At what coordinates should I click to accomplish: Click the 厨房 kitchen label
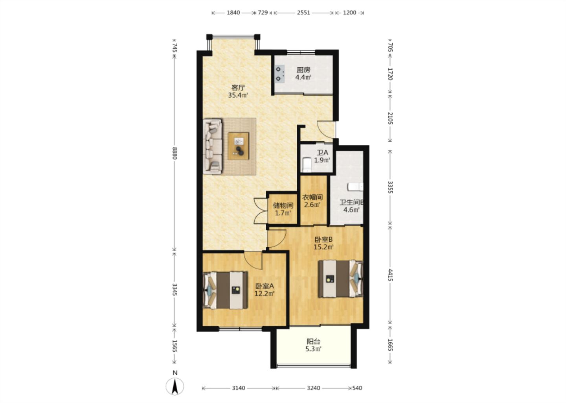(x=303, y=70)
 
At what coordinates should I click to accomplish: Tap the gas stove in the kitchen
(x=279, y=74)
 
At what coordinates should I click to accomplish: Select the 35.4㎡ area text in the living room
(x=238, y=95)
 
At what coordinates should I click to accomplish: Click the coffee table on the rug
(x=238, y=146)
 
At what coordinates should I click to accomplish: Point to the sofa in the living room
(x=213, y=146)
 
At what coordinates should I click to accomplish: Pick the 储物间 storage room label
(x=283, y=205)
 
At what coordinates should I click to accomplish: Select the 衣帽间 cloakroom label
(x=312, y=197)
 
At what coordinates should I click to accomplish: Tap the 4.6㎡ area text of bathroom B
(x=351, y=210)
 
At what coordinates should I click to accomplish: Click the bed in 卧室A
(x=225, y=290)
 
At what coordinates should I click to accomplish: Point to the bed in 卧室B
(x=341, y=279)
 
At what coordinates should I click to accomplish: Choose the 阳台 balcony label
(x=313, y=342)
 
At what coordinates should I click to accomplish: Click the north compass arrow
(x=175, y=386)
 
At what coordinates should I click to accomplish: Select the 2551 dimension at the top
(x=303, y=13)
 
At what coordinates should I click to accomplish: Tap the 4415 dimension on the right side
(x=390, y=275)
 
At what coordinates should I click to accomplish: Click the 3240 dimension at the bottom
(x=314, y=388)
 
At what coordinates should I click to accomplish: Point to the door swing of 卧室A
(x=254, y=261)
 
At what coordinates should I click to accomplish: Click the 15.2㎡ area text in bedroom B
(x=324, y=247)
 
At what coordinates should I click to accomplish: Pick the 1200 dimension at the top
(x=350, y=13)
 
